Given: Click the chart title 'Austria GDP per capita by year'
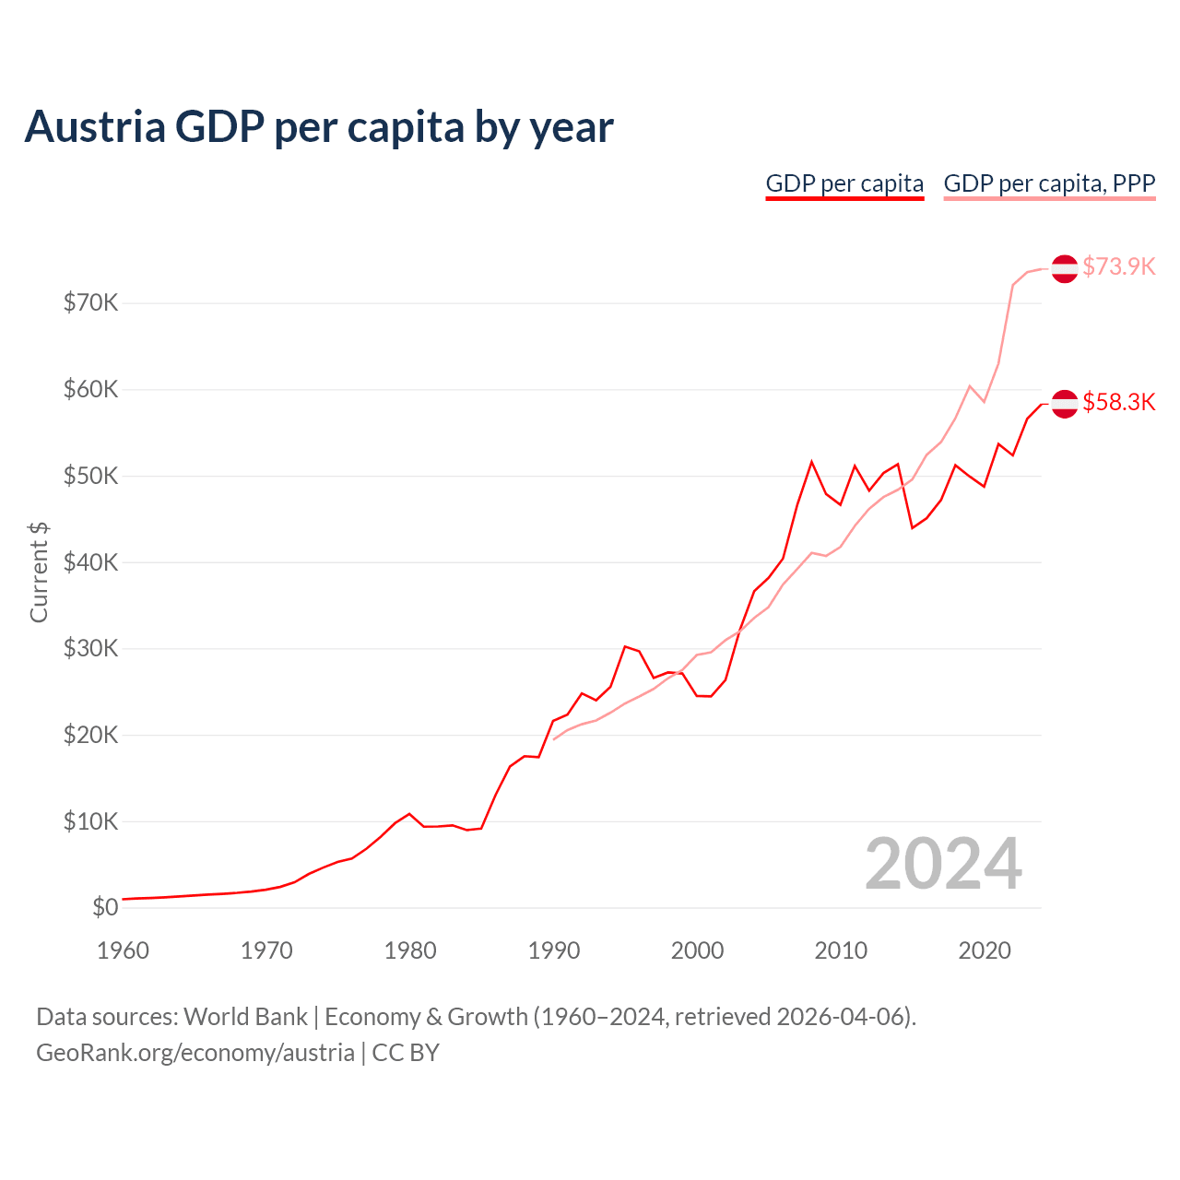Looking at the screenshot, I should tap(319, 126).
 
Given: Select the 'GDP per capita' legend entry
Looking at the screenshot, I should tap(844, 183).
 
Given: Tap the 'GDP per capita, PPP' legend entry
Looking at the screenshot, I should tap(1049, 183).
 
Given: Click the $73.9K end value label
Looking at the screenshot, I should tap(1118, 266).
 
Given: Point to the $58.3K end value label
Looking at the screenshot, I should tap(1118, 402).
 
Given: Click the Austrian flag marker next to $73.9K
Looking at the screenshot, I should tap(1065, 268).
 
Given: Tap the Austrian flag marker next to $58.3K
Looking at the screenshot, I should tap(1065, 404).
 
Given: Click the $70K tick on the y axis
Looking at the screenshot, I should tap(90, 302).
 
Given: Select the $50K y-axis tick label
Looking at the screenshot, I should tap(90, 476).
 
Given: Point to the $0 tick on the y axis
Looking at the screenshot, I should tap(105, 907).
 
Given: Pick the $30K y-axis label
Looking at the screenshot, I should tap(90, 648).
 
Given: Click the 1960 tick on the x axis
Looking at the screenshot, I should tap(123, 950).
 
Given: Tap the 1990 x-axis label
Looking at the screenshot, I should tap(553, 950).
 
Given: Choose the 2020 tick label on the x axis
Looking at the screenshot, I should tap(985, 950).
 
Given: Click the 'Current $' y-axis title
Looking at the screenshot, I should tap(39, 572).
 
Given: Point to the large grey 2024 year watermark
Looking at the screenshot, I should tap(943, 864).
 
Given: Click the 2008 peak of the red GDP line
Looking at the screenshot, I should tap(811, 462).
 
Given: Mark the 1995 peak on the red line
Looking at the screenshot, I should tap(625, 646).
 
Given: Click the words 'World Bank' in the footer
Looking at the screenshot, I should tap(245, 1017).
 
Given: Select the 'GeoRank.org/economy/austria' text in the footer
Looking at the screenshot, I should tap(195, 1052).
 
